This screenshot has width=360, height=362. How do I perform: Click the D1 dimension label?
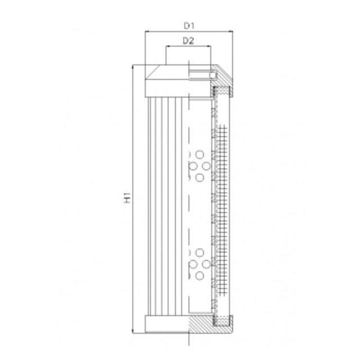coord(189,25)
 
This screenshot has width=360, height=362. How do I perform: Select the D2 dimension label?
coord(189,41)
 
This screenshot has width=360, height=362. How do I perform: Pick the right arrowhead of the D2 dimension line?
coord(210,48)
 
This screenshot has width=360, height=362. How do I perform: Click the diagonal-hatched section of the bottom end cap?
coord(200,324)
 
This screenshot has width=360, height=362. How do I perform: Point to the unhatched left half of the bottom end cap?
coord(166,324)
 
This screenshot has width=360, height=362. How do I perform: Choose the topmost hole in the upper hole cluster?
coord(200,154)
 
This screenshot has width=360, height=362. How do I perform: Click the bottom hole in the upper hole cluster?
coord(200,177)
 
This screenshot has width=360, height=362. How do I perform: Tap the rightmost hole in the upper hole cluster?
coord(206,166)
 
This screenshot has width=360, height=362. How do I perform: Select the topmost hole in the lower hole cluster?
coord(200,252)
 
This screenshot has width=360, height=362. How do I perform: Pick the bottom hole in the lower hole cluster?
coord(200,275)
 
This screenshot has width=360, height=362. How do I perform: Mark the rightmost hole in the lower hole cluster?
coord(206,263)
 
